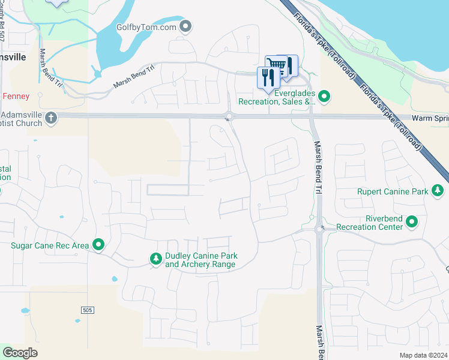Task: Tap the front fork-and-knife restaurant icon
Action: pyautogui.click(x=268, y=77)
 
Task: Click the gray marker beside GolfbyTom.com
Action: pyautogui.click(x=186, y=26)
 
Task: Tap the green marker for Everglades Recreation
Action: pyautogui.click(x=324, y=97)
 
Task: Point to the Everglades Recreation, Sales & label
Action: pyautogui.click(x=277, y=97)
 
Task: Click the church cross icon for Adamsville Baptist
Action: pyautogui.click(x=51, y=118)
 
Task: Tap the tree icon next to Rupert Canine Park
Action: pyautogui.click(x=438, y=191)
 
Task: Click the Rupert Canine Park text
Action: pyautogui.click(x=393, y=192)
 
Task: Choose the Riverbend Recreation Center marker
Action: pyautogui.click(x=412, y=222)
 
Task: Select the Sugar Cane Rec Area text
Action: pyautogui.click(x=50, y=245)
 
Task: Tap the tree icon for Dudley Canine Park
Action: pyautogui.click(x=155, y=259)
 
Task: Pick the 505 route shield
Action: pyautogui.click(x=88, y=310)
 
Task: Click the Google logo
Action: pyautogui.click(x=20, y=352)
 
